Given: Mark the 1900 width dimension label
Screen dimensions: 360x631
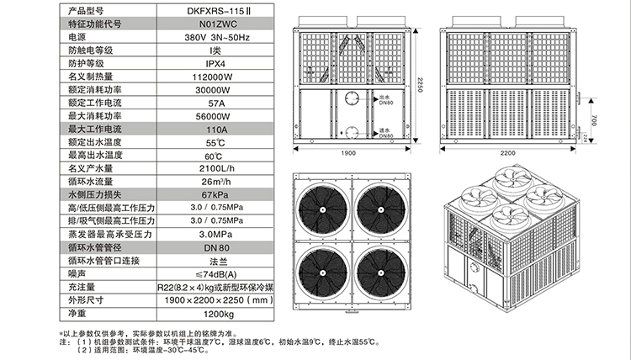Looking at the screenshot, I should pos(348,154).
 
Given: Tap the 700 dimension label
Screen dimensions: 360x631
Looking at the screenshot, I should pos(594,117).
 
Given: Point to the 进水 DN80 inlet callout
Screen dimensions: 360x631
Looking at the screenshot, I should pos(385,133).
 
